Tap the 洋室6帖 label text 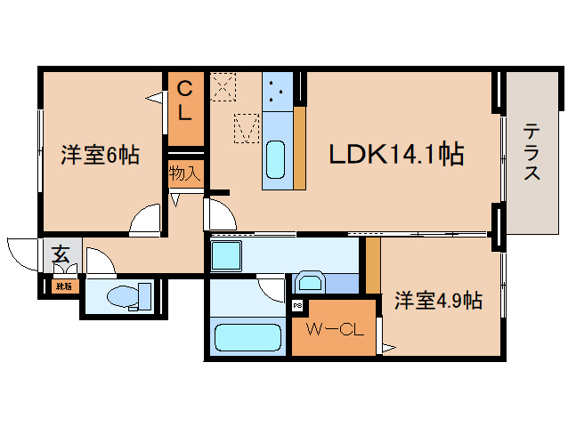pyautogui.click(x=99, y=155)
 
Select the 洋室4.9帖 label pyautogui.click(x=437, y=301)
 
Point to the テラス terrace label pyautogui.click(x=531, y=151)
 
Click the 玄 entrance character pyautogui.click(x=60, y=254)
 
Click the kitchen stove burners pyautogui.click(x=277, y=89)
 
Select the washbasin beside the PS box pyautogui.click(x=311, y=284)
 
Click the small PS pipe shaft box pyautogui.click(x=296, y=306)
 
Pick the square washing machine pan pyautogui.click(x=226, y=256)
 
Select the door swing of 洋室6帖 pyautogui.click(x=144, y=221)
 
